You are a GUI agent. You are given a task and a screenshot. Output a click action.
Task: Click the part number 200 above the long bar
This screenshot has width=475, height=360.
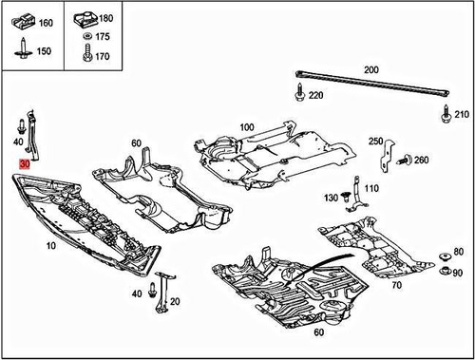tap(370, 69)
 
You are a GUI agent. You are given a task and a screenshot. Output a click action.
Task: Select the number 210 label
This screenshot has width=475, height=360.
tap(463, 116)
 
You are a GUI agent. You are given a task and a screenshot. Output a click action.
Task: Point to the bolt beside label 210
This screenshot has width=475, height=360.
tap(446, 115)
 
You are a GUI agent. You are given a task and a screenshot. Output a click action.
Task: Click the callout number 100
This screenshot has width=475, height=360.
tap(247, 126)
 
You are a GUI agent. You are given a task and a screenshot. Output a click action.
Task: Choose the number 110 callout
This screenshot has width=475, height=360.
tap(370, 188)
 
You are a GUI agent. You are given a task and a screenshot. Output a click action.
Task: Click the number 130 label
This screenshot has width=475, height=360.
tap(331, 198)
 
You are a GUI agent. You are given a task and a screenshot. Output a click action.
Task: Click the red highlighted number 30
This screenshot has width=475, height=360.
tap(25, 164)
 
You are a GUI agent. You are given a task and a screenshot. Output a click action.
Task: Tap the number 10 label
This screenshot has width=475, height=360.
tap(48, 246)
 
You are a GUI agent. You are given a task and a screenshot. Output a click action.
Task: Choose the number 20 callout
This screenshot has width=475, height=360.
tap(176, 301)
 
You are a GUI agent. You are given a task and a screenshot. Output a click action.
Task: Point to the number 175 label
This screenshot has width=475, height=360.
tap(103, 37)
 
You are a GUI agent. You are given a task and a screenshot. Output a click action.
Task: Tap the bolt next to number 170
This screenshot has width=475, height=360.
tap(85, 55)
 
